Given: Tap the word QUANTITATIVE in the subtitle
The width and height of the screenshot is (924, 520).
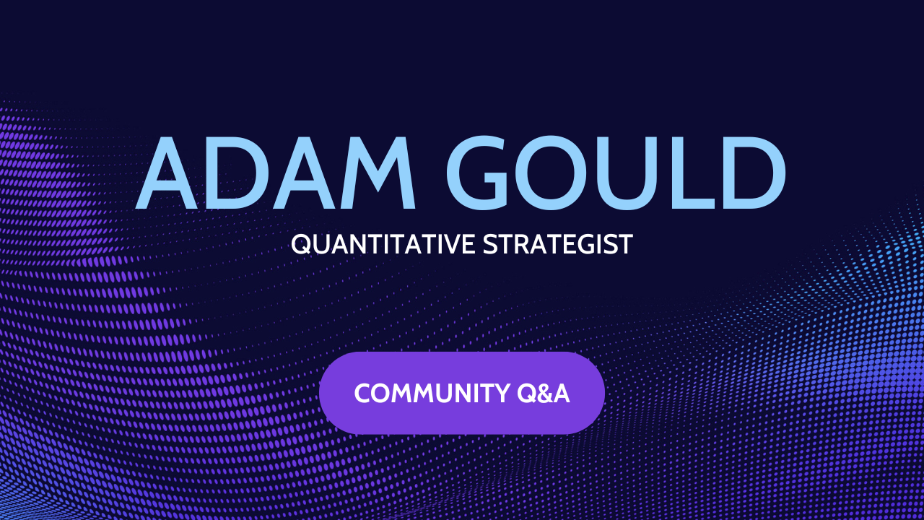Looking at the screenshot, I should (383, 244).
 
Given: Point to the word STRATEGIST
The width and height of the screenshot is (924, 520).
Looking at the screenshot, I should (557, 244).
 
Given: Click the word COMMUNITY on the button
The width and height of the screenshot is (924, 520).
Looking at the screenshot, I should (432, 394).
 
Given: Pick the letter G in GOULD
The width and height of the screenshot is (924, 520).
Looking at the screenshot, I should (484, 173).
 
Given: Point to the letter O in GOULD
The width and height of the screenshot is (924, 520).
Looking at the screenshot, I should (564, 173).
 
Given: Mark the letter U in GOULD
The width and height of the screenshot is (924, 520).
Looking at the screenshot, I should (638, 173).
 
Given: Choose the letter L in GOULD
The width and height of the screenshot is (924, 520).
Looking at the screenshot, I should (697, 173).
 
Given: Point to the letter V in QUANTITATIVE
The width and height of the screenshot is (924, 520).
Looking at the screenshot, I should (452, 244).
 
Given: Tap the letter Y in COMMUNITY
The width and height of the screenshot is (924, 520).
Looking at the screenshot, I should (503, 394).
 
